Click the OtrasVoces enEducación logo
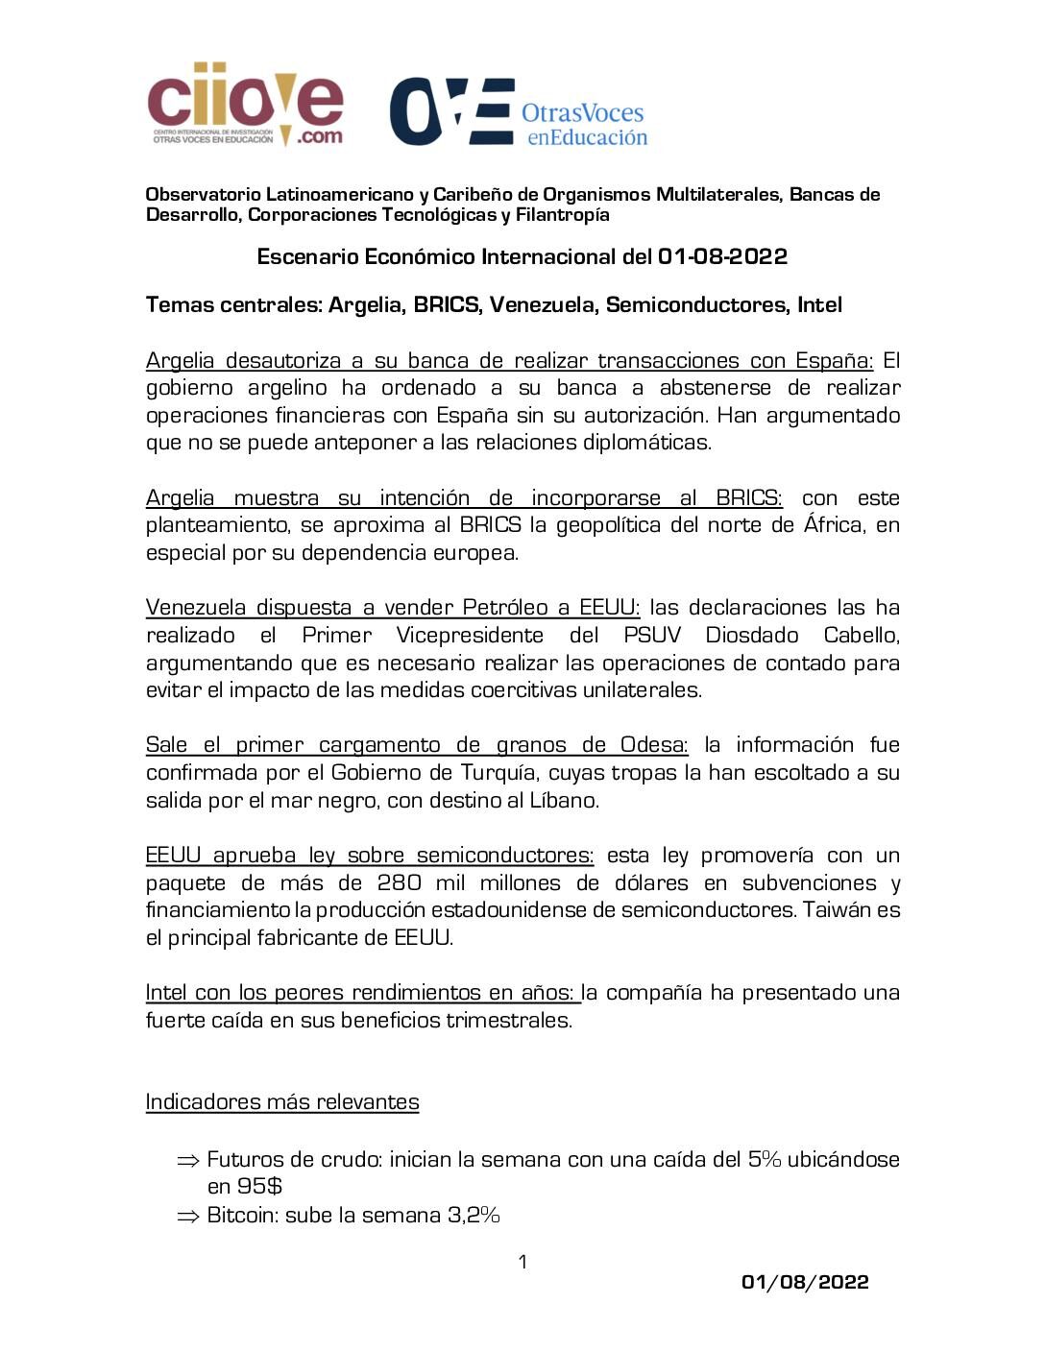[519, 112]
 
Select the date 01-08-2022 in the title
[722, 256]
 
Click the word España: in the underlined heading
[834, 361]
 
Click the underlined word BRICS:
[749, 498]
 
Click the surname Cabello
[862, 636]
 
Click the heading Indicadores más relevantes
[282, 1101]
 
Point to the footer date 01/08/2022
[805, 1282]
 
